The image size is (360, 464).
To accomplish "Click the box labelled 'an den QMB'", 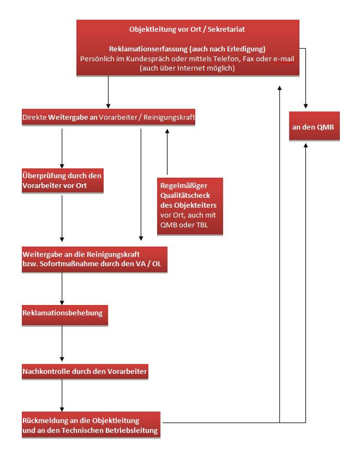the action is [314, 126].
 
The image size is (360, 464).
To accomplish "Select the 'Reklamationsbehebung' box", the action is [65, 316].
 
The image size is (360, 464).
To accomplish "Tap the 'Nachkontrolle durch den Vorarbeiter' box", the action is [85, 372].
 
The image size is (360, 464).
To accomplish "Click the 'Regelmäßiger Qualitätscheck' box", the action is [190, 206].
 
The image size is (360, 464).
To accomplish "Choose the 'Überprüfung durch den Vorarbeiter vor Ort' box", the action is [63, 181].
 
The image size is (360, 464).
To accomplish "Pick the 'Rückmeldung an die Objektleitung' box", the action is [91, 425].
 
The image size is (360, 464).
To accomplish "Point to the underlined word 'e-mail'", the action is [284, 59].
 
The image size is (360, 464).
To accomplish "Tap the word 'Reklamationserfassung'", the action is [148, 49].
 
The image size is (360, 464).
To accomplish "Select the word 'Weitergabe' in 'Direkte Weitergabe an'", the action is [68, 117].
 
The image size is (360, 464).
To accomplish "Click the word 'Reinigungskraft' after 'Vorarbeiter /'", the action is [169, 117].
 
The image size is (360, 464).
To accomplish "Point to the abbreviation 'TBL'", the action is [202, 225].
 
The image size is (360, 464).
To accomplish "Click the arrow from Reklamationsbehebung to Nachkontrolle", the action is [62, 343].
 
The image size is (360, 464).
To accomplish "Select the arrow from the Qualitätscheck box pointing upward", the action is [167, 152].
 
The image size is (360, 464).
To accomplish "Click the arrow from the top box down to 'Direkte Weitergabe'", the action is [108, 92].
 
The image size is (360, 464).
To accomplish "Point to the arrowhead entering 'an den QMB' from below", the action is [306, 145].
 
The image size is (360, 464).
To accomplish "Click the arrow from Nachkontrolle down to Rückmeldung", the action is [62, 395].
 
